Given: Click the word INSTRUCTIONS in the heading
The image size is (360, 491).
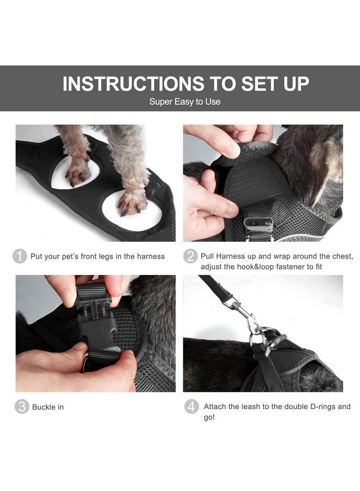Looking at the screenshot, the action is [133, 83].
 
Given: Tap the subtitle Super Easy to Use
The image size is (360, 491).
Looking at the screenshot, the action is [185, 101].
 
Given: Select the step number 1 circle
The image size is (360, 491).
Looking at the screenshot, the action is [20, 256].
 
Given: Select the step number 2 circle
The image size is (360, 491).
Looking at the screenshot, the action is [190, 256].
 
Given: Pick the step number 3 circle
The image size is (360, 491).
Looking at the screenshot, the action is [22, 407].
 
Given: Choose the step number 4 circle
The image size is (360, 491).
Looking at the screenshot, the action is [191, 407].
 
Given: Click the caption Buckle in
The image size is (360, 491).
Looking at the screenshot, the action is [48, 407].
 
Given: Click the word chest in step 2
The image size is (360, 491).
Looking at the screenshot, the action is [343, 256].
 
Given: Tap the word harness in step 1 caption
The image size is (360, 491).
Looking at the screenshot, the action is [151, 256].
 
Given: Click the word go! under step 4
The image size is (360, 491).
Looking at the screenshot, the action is [209, 417].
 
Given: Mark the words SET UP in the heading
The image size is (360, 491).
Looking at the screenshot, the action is [275, 83].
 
